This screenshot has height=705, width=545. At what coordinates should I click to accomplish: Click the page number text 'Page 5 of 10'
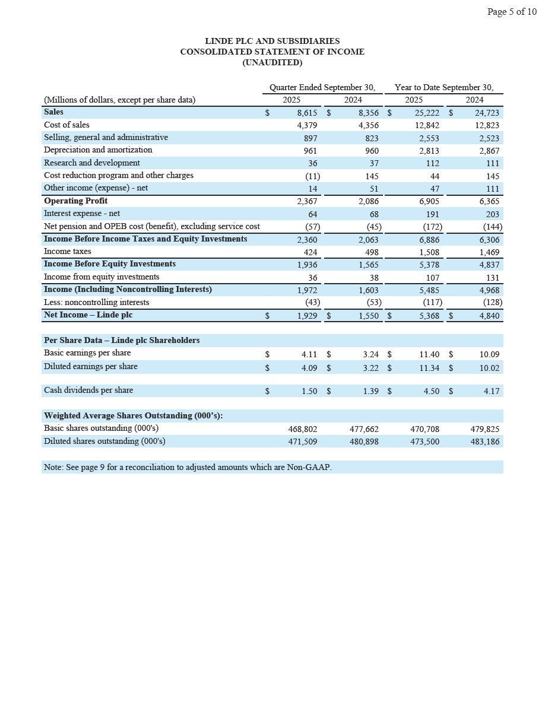point(511,12)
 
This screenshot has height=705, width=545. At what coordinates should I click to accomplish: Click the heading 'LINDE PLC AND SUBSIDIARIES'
point(272,41)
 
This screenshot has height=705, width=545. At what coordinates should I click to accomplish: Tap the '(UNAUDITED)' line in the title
point(272,62)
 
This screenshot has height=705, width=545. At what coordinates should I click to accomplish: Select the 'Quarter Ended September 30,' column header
point(322,87)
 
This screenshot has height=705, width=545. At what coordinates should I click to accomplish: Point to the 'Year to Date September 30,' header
point(444,87)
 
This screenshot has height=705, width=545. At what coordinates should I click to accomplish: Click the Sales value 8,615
point(307,113)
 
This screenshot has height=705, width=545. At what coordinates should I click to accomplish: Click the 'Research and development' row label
point(92,163)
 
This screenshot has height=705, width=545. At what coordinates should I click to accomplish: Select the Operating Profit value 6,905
point(429,201)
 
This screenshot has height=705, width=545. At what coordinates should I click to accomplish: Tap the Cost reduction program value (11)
point(312,176)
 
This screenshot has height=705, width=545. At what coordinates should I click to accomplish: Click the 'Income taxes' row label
point(68,251)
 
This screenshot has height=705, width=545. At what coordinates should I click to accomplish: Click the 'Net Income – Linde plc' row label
point(88,315)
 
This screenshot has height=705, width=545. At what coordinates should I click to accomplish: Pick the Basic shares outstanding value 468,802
point(302,429)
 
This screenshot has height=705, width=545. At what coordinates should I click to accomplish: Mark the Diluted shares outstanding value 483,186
point(485,442)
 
